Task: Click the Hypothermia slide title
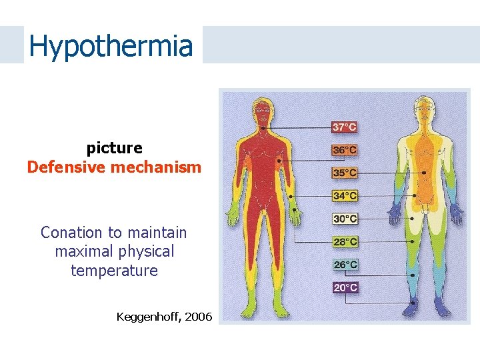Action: (x=111, y=46)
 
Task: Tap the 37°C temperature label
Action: (x=344, y=127)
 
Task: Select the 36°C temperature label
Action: (x=344, y=150)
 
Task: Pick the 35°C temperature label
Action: (x=344, y=173)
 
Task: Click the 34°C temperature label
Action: (x=344, y=196)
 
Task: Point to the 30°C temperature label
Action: (x=344, y=219)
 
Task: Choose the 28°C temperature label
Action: (x=344, y=241)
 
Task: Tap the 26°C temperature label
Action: (x=344, y=265)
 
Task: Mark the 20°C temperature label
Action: (x=344, y=287)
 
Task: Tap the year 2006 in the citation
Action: (x=198, y=317)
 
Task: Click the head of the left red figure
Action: (x=263, y=108)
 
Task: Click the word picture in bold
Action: (x=114, y=147)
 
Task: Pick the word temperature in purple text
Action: (x=114, y=271)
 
